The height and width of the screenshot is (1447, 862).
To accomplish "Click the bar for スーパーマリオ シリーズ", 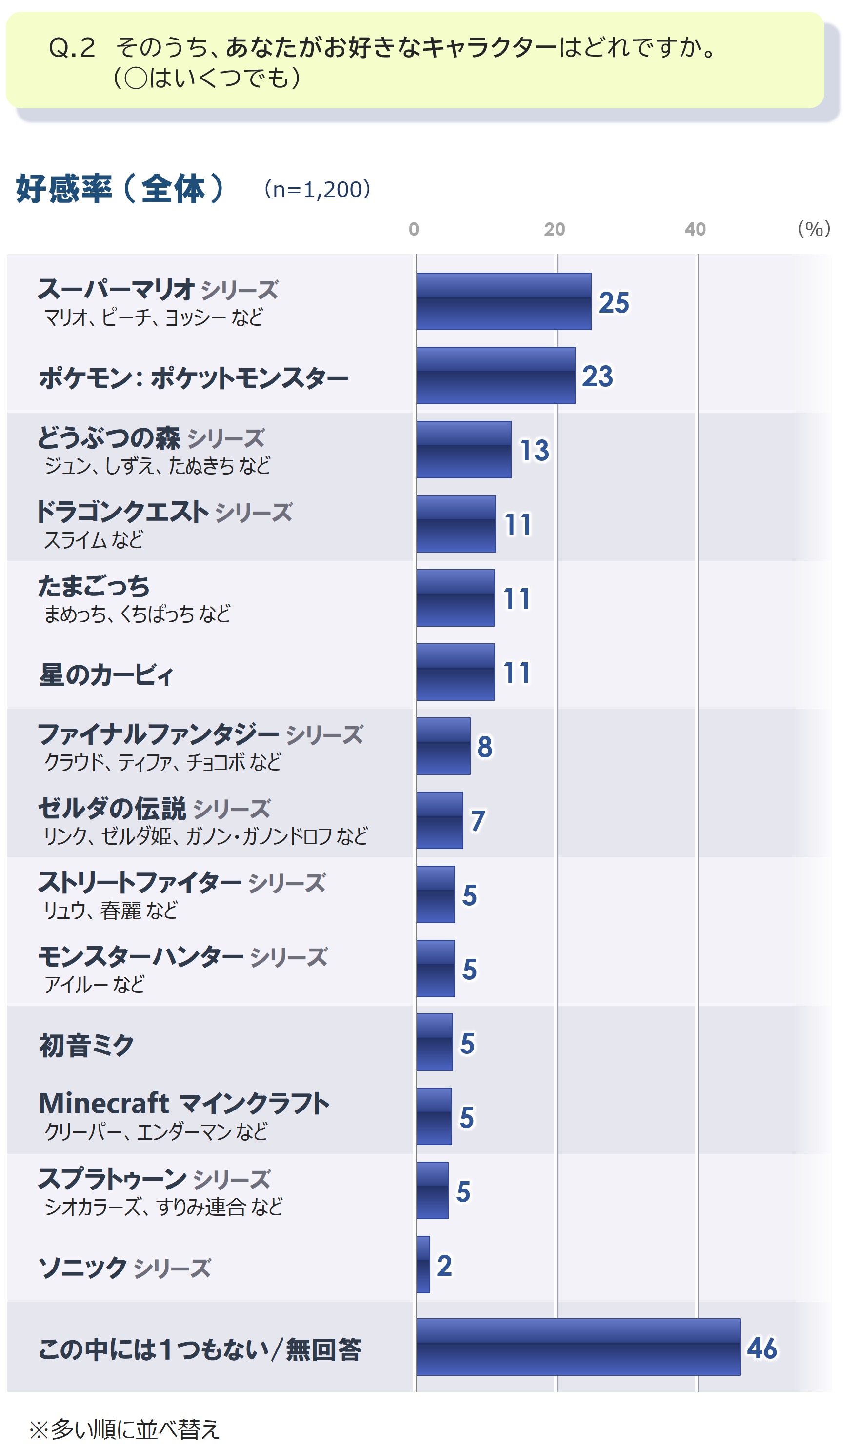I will coord(503,301).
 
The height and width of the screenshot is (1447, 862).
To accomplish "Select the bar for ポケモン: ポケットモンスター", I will coord(496,376).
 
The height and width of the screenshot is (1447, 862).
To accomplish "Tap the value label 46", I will coord(762,1348).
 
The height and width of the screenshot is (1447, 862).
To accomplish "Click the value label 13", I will coord(534,451).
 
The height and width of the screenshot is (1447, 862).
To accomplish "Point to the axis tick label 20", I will coord(554,229).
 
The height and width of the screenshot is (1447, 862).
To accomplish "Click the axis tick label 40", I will coord(695,229).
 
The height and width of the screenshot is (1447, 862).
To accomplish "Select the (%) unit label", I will coord(813,229).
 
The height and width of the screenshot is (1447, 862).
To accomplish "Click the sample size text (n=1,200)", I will coord(317,189).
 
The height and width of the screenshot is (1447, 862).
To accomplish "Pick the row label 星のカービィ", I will coord(106,674).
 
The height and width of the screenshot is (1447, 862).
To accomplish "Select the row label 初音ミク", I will coord(86,1045).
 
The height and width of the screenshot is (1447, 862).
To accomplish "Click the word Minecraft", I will coord(103,1103).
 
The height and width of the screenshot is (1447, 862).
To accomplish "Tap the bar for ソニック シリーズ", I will coord(423,1265).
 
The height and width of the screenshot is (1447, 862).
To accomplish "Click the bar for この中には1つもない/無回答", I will coord(578,1347).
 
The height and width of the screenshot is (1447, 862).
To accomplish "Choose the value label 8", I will coord(484,747).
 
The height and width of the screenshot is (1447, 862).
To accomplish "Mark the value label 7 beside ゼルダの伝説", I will coord(478,821).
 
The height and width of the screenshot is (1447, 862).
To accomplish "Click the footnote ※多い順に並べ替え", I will coord(124,1429).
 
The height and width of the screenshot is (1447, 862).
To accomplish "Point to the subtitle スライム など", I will coord(93,540).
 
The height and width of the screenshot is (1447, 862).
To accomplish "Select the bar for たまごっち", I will coord(456,598).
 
